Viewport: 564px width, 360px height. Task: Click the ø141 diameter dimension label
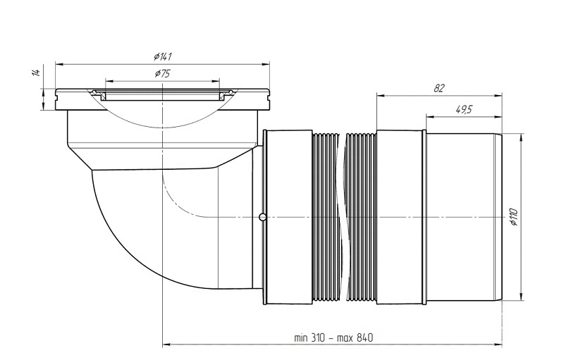pyautogui.click(x=163, y=56)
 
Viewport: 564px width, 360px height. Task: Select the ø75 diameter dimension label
pyautogui.click(x=163, y=74)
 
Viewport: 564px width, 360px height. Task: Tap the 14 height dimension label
pyautogui.click(x=36, y=72)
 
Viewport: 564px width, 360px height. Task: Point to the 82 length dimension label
pyautogui.click(x=439, y=88)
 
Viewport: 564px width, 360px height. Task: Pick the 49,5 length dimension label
pyautogui.click(x=464, y=110)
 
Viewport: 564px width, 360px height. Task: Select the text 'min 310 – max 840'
pyautogui.click(x=333, y=337)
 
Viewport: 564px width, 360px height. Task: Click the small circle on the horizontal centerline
pyautogui.click(x=263, y=217)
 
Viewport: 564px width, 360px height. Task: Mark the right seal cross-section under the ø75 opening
pyautogui.click(x=226, y=94)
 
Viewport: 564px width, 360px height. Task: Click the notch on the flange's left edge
pyautogui.click(x=57, y=96)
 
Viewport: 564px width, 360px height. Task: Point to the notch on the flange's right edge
pyautogui.click(x=268, y=96)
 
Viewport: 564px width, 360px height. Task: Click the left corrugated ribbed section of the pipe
pyautogui.click(x=326, y=218)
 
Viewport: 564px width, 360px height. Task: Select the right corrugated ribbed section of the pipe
pyautogui.click(x=361, y=218)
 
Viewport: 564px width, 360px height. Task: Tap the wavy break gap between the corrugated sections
pyautogui.click(x=342, y=218)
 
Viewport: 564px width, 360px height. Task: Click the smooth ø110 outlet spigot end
pyautogui.click(x=464, y=217)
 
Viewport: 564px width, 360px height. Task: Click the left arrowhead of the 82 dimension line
pyautogui.click(x=381, y=96)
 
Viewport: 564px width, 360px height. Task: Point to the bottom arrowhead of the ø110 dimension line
pyautogui.click(x=521, y=297)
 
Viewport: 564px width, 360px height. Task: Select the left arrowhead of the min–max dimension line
pyautogui.click(x=167, y=345)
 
